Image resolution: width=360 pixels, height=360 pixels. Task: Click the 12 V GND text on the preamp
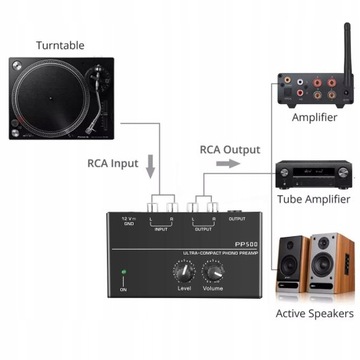coord(127,192)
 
